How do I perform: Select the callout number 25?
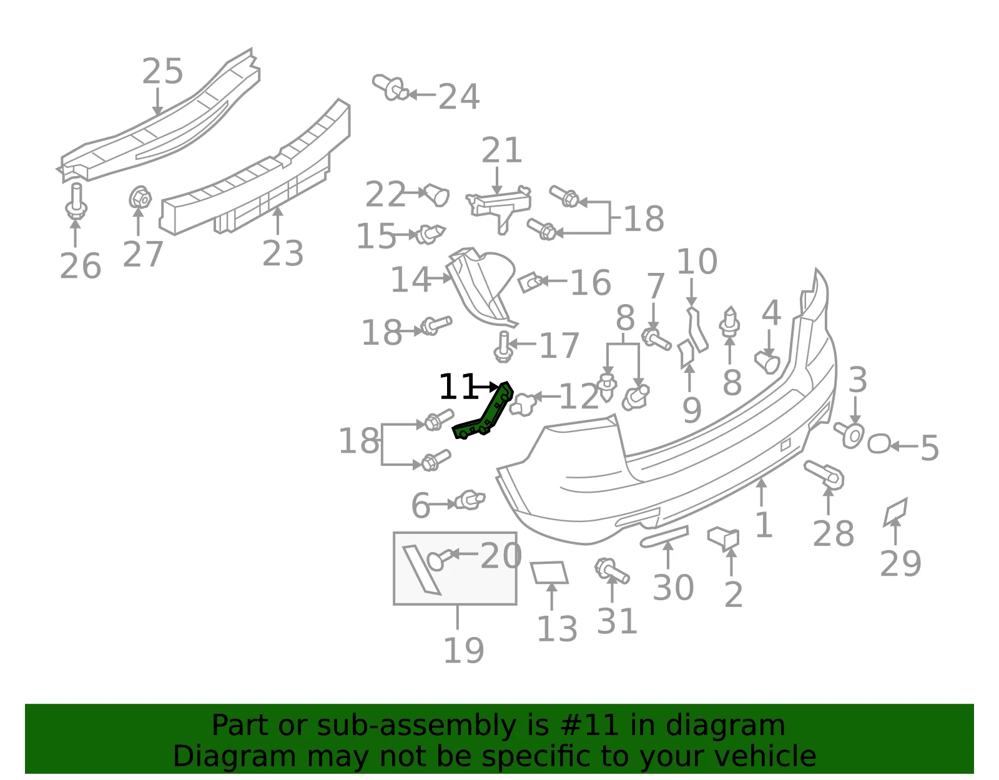tap(162, 71)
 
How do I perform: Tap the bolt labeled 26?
tap(76, 201)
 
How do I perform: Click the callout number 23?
tap(283, 254)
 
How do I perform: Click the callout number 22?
tap(385, 194)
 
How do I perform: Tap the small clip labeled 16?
tap(530, 282)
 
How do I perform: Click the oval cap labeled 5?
tap(879, 443)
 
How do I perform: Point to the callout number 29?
tap(900, 563)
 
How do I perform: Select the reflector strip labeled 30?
tap(664, 537)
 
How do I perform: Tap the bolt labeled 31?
tap(611, 571)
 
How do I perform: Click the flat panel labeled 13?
tap(549, 572)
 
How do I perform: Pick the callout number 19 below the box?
tap(464, 650)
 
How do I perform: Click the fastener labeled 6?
tap(470, 500)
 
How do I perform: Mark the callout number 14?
tap(411, 280)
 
